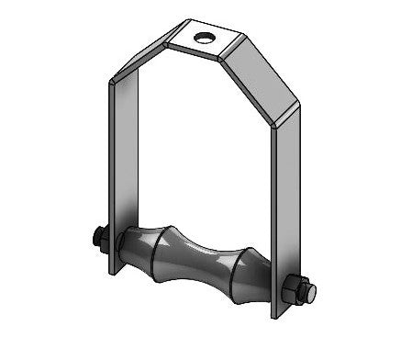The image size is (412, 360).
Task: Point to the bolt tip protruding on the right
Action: [313, 293]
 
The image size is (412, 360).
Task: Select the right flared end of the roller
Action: [252, 276]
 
